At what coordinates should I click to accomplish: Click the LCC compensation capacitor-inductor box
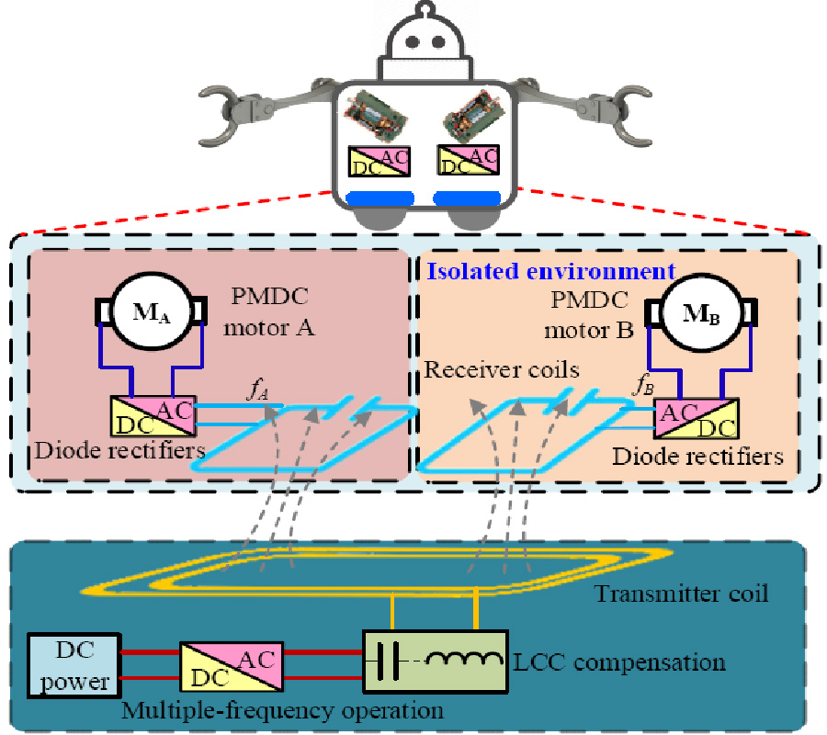coord(436,661)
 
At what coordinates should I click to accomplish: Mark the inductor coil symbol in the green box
coord(467,660)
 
